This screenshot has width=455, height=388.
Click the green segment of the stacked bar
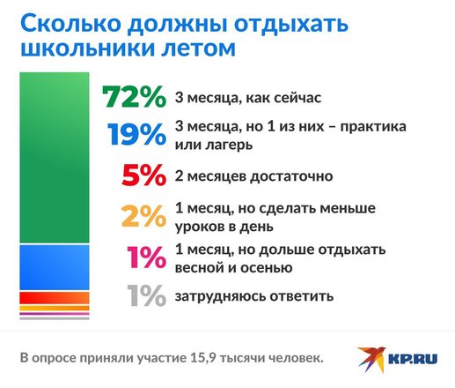click(55, 158)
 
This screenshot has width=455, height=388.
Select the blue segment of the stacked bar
click(55, 267)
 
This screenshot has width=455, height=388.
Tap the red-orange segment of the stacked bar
click(55, 298)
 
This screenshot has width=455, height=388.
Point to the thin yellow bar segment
click(55, 308)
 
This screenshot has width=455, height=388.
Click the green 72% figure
click(134, 96)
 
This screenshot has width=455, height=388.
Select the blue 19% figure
click(136, 134)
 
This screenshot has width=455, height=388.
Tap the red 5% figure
click(144, 175)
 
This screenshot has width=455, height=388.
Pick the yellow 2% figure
click(143, 216)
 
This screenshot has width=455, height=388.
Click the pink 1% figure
click(146, 257)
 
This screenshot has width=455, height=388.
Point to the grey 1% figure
click(146, 295)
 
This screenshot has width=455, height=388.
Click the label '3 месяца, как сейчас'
click(248, 98)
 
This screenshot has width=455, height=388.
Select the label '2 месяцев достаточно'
click(254, 176)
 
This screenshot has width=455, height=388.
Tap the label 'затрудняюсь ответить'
click(254, 296)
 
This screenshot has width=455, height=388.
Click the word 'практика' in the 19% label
click(373, 127)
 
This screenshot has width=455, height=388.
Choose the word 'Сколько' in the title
click(70, 23)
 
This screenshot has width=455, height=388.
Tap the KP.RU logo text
click(413, 359)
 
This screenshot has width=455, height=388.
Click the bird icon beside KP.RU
click(371, 359)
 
